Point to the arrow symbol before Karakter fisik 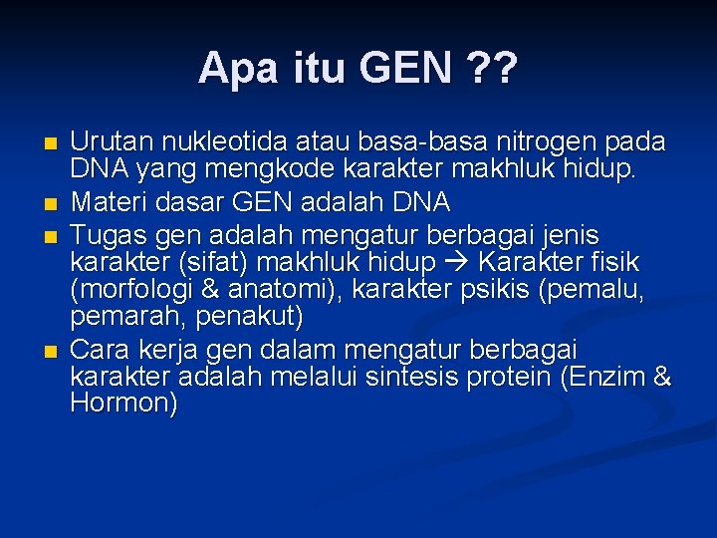(456, 263)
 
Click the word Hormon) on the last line (124, 403)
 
